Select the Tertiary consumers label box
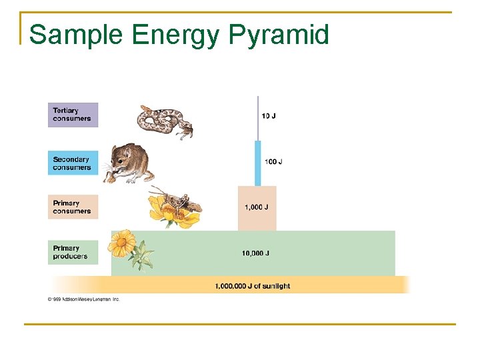click(73, 115)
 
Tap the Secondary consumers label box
click(73, 163)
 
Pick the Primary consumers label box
click(73, 207)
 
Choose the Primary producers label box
click(73, 252)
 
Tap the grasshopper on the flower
click(177, 201)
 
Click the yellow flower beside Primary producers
click(123, 243)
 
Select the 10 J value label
click(269, 116)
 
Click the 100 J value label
click(273, 161)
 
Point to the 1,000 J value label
click(257, 207)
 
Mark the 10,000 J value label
click(255, 253)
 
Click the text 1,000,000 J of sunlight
click(253, 286)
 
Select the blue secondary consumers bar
click(257, 163)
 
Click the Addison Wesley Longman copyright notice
click(83, 299)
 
